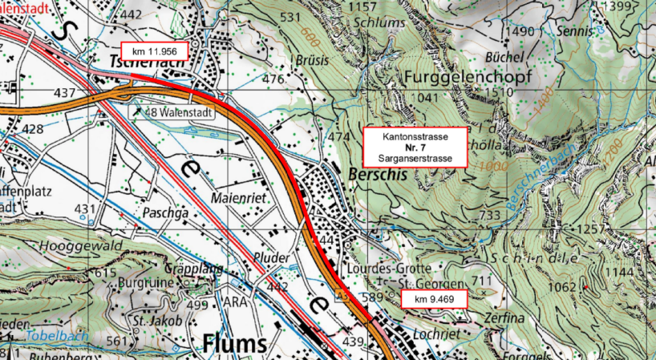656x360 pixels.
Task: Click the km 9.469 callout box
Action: pos(433,300)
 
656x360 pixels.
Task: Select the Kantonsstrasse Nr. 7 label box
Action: pos(415,148)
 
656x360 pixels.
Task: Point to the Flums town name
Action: pos(233,343)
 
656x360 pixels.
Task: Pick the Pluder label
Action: pos(271,257)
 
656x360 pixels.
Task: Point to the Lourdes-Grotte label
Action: pos(391,268)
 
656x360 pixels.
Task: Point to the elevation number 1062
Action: pos(561,287)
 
